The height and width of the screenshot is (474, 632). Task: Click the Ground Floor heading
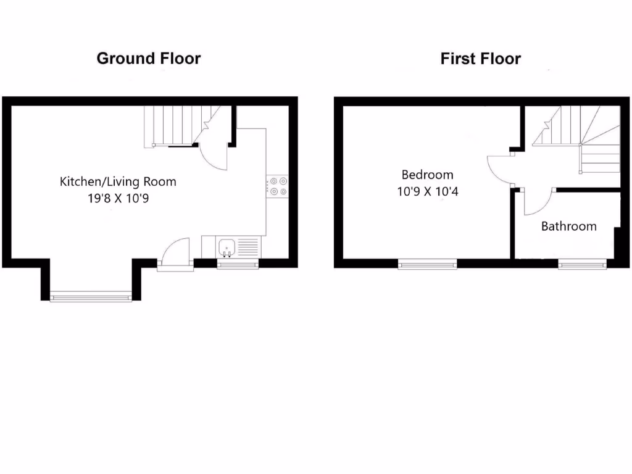click(149, 59)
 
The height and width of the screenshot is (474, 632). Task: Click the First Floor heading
click(480, 59)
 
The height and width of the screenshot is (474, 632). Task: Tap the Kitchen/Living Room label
click(118, 181)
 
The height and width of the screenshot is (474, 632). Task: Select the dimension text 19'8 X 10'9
click(118, 199)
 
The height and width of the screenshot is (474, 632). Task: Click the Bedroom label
click(427, 175)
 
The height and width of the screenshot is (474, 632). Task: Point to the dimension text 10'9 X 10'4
click(427, 191)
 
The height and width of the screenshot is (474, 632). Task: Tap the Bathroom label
click(568, 226)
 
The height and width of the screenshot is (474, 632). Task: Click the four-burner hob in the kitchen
click(277, 186)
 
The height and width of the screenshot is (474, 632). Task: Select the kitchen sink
click(227, 248)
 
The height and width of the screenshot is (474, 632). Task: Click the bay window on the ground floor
click(91, 297)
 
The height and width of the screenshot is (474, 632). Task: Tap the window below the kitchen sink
click(238, 265)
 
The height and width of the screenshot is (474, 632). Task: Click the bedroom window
click(427, 265)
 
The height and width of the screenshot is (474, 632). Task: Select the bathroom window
click(583, 265)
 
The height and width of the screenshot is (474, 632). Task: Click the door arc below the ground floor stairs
click(214, 156)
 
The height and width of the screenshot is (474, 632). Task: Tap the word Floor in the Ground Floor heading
click(178, 59)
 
